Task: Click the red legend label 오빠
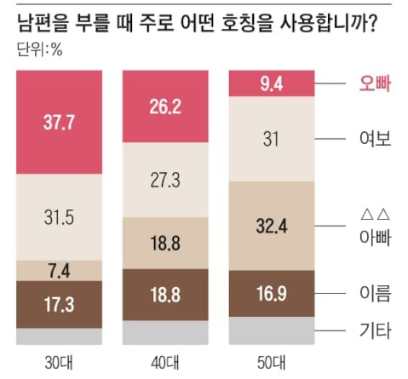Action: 371,83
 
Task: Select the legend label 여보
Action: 371,140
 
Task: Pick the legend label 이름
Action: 371,294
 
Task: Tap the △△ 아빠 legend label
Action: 371,226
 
